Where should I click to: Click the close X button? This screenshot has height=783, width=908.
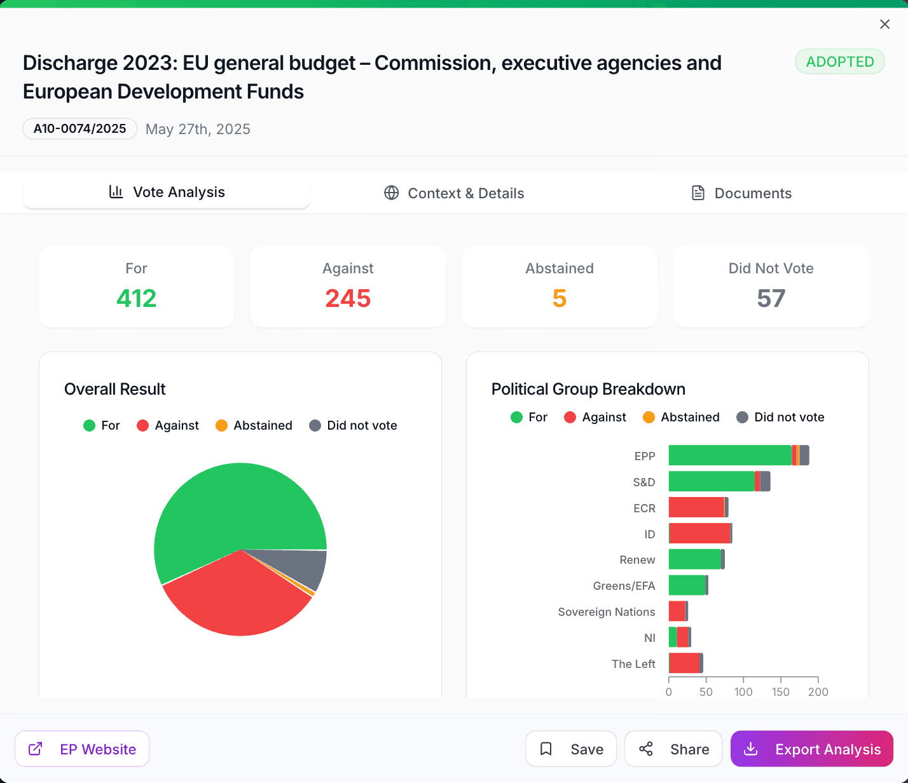pos(884,24)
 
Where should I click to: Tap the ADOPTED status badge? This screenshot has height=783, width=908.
pos(839,62)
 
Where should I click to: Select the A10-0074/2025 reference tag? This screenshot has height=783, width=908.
pos(80,128)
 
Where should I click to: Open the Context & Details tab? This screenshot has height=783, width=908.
pos(454,193)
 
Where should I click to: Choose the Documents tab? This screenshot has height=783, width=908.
pos(741,193)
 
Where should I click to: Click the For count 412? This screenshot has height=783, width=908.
pos(136,298)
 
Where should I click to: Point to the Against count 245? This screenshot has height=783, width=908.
pos(348,298)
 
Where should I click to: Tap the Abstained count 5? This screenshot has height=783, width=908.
pos(560,298)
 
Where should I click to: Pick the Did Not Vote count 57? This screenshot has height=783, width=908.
pos(771,298)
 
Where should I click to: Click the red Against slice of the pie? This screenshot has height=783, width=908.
pos(235,597)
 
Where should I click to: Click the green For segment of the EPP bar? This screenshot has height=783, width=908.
pos(730,456)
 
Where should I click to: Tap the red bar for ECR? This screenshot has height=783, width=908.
pos(696,507)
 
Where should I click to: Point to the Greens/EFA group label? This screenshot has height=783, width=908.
pos(624,586)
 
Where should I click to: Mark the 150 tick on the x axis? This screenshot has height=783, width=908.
pos(781,691)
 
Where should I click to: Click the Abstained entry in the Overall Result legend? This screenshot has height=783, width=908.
pos(254,426)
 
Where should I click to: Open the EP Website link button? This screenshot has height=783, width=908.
pos(82,749)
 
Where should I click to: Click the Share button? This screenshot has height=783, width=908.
pos(673,749)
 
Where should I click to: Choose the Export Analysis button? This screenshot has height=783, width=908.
pos(811,749)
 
